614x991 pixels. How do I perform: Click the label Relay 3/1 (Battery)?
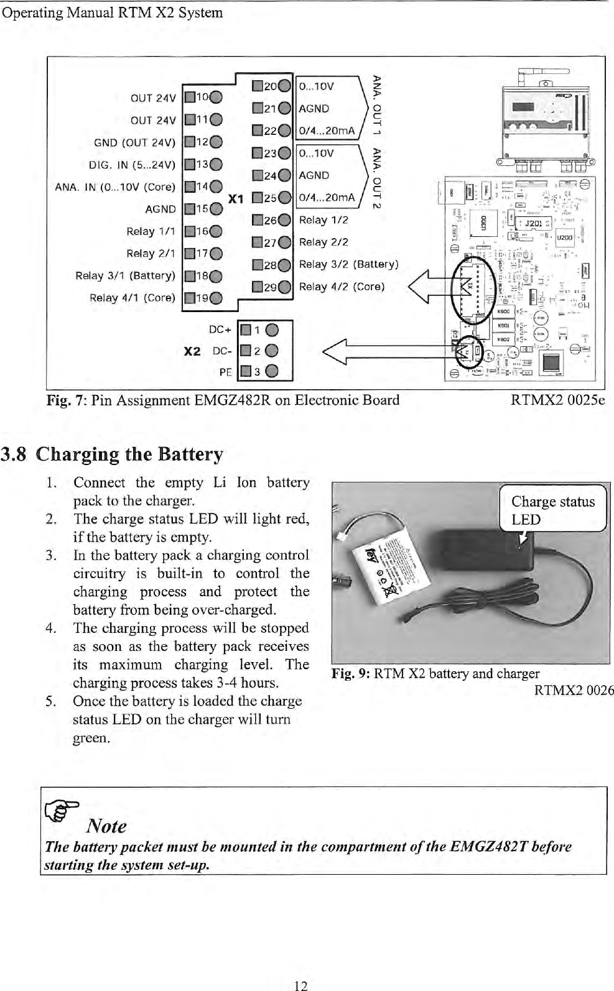coord(125,275)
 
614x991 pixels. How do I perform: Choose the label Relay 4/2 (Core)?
coord(342,287)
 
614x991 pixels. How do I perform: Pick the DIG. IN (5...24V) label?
coord(133,165)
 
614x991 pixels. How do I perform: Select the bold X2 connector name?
coord(192,351)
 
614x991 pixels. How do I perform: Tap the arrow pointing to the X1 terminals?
coord(429,287)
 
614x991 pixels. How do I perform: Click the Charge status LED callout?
coord(552,510)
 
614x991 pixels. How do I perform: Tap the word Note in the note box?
coord(106,826)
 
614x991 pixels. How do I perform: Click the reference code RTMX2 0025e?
coord(557,400)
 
